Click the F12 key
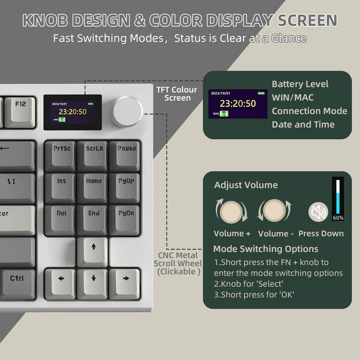[x=21, y=109]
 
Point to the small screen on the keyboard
[x=73, y=112]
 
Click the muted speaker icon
[x=317, y=211]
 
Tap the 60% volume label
[x=338, y=218]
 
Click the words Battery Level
[x=300, y=84]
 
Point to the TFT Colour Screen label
[x=178, y=94]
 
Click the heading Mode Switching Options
[x=266, y=248]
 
